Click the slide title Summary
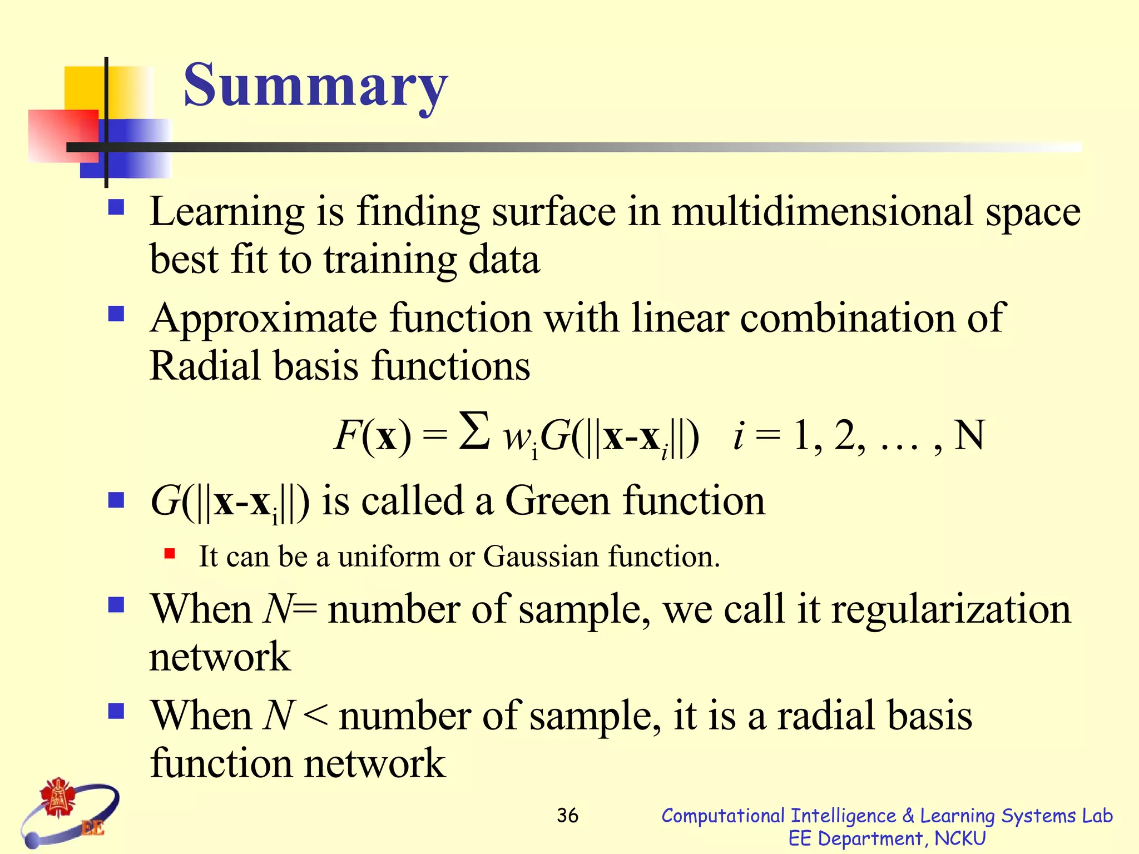(x=315, y=86)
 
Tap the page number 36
(x=567, y=816)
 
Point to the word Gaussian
(x=540, y=557)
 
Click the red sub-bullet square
(x=170, y=553)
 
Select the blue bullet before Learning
(x=116, y=208)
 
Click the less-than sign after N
(x=316, y=715)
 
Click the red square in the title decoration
(x=62, y=136)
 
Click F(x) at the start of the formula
(x=373, y=436)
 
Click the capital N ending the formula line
(x=969, y=435)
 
